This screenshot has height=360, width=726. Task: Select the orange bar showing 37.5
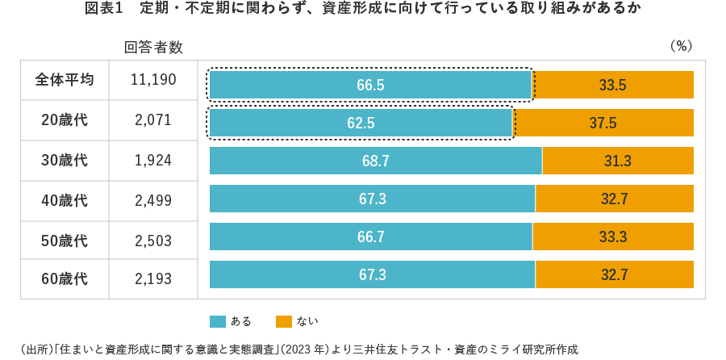(x=603, y=123)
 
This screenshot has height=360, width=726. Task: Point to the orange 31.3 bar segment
(x=617, y=161)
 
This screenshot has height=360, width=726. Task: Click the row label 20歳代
(x=65, y=120)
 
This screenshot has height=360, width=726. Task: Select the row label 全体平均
(x=65, y=80)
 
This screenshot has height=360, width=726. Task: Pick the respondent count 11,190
(x=153, y=80)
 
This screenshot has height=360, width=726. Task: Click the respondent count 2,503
(x=153, y=241)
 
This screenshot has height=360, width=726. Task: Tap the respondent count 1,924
(x=153, y=161)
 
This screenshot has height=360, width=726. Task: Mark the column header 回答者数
(x=153, y=47)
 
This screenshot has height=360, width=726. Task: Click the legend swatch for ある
(x=217, y=321)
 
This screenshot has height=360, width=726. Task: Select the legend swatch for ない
(x=283, y=321)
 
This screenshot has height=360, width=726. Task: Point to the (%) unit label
(x=682, y=47)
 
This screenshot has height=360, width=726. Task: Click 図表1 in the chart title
(x=102, y=9)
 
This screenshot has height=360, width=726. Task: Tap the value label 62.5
(x=361, y=123)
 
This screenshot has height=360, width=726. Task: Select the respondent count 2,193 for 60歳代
(x=153, y=279)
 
